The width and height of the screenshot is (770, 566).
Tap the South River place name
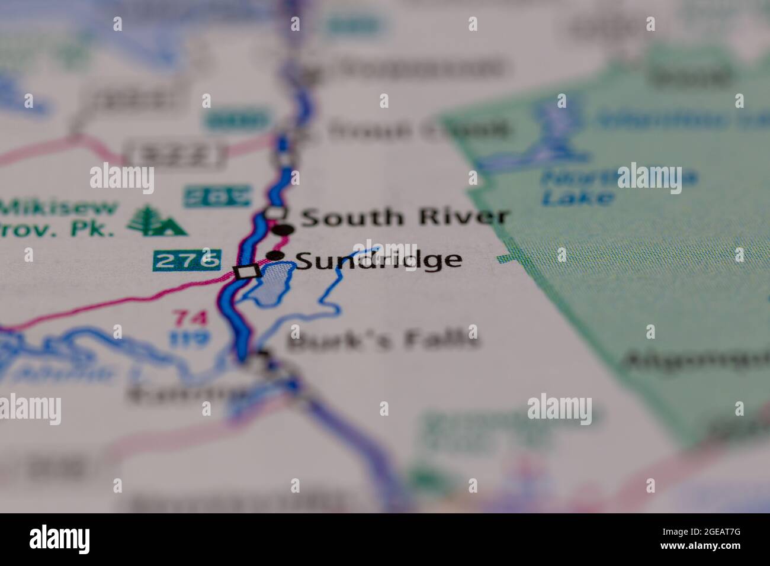(x=405, y=217)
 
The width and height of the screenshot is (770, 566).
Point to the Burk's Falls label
(x=383, y=340)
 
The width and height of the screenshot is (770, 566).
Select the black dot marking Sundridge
(x=275, y=256)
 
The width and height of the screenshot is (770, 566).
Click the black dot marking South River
(x=283, y=230)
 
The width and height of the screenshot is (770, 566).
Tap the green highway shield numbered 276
(x=186, y=260)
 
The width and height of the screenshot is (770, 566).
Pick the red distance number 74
(x=191, y=319)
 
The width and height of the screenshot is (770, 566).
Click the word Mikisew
(x=59, y=208)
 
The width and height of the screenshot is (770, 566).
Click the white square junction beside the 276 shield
(x=247, y=272)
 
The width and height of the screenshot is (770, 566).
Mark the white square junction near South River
(x=275, y=212)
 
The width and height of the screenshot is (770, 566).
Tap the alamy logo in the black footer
(x=60, y=539)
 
